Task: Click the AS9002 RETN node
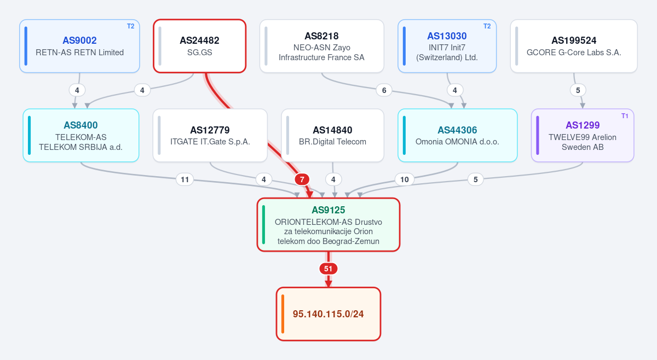pyautogui.click(x=79, y=46)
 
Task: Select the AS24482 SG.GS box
pyautogui.click(x=199, y=46)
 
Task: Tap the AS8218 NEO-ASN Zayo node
pyautogui.click(x=322, y=46)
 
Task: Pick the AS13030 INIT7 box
pyautogui.click(x=447, y=46)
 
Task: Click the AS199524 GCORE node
pyautogui.click(x=574, y=46)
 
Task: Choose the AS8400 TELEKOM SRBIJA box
pyautogui.click(x=81, y=135)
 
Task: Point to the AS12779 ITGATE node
pyautogui.click(x=210, y=135)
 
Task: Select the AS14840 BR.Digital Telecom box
pyautogui.click(x=333, y=135)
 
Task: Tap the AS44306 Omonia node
pyautogui.click(x=458, y=135)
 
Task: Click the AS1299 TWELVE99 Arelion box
pyautogui.click(x=583, y=135)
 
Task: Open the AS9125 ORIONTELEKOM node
pyautogui.click(x=328, y=224)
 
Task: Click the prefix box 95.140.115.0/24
pyautogui.click(x=328, y=314)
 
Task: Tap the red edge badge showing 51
pyautogui.click(x=328, y=269)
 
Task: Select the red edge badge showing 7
pyautogui.click(x=302, y=179)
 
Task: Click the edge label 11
pyautogui.click(x=185, y=179)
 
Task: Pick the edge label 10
pyautogui.click(x=405, y=179)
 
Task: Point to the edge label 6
pyautogui.click(x=384, y=90)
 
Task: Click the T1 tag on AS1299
pyautogui.click(x=625, y=116)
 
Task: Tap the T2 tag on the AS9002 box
pyautogui.click(x=130, y=26)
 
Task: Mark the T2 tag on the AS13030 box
pyautogui.click(x=487, y=26)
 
